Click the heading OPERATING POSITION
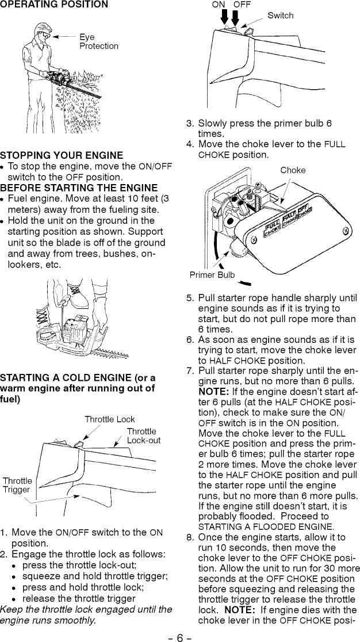54,5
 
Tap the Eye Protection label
98,42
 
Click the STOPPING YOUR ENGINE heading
62,155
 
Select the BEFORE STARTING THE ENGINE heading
79,188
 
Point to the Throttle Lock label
110,419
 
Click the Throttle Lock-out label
143,436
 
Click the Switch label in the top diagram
280,16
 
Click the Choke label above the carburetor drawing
293,170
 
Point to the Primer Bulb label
212,275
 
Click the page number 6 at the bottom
179,637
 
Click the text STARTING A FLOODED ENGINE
249,526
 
